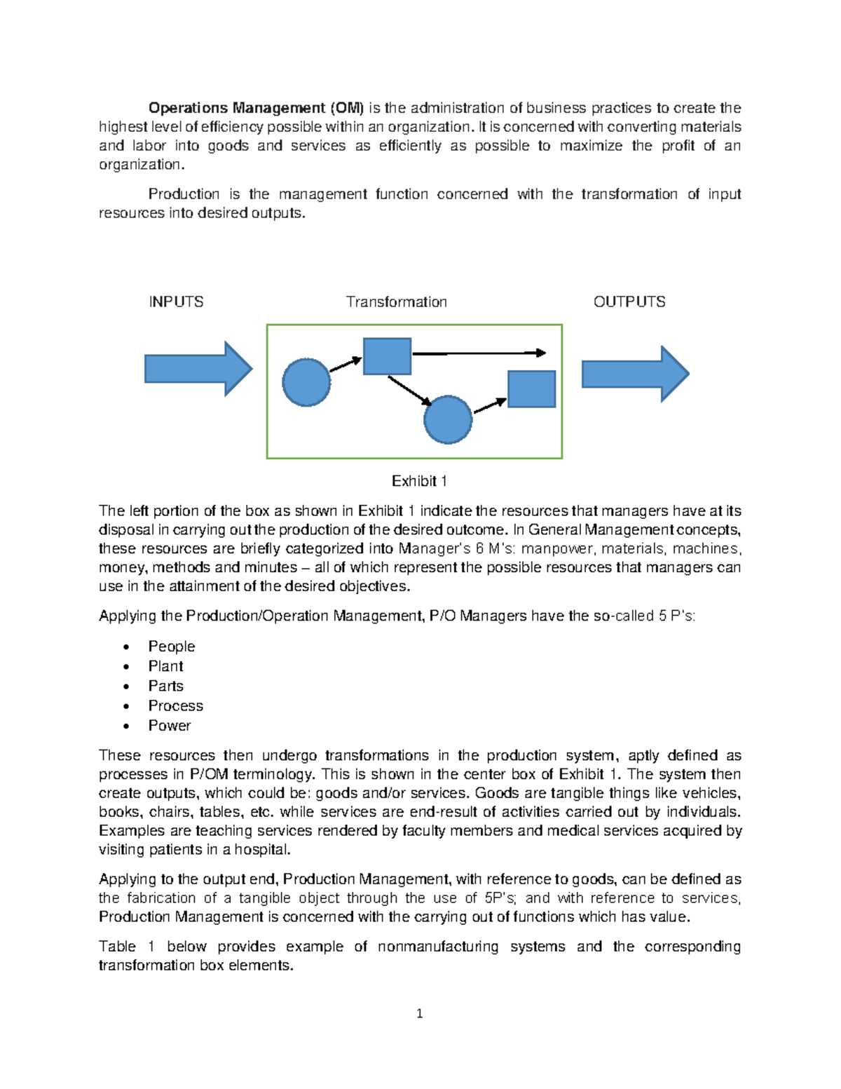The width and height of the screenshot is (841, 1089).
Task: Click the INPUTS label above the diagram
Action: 176,302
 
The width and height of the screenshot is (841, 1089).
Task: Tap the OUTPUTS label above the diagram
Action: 629,302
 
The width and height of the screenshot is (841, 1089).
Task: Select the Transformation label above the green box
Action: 396,302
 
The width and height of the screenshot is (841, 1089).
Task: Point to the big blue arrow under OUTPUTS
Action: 635,374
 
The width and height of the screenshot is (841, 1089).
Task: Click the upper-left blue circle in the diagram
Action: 306,382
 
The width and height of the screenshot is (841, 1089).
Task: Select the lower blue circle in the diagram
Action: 448,419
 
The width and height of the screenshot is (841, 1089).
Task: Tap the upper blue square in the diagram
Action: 387,356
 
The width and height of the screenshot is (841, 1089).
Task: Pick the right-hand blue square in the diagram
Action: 531,389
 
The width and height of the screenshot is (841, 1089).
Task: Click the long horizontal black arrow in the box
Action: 478,353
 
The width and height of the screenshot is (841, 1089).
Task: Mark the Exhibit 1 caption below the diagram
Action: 419,481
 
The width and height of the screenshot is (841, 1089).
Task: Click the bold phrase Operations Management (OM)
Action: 256,108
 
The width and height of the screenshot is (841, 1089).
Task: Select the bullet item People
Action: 172,647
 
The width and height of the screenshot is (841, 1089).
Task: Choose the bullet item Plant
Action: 165,666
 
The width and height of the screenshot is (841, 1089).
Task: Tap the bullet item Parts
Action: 165,686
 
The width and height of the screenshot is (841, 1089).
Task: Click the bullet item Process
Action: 175,705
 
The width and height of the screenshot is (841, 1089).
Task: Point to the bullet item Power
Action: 169,726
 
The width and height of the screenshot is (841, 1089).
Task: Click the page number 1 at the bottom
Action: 419,1013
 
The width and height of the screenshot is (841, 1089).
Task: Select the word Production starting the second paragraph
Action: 184,194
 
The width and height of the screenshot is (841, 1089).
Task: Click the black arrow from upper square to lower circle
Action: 410,391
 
